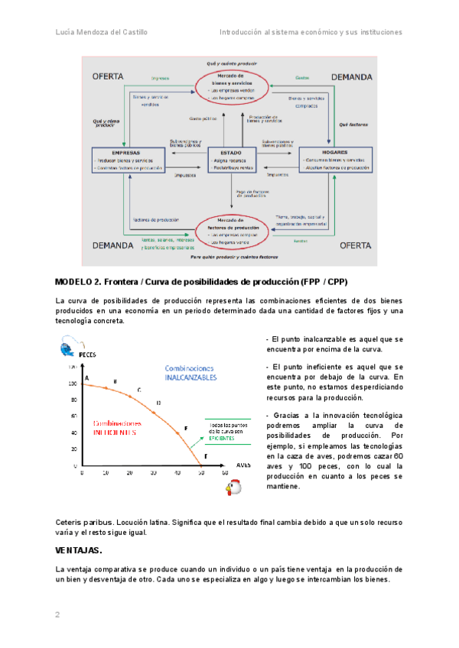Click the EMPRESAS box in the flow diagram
pyautogui.click(x=129, y=160)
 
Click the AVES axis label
pyautogui.click(x=243, y=464)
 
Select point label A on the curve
pyautogui.click(x=87, y=378)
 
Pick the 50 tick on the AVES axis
pyautogui.click(x=201, y=474)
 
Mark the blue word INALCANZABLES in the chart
pyautogui.click(x=191, y=377)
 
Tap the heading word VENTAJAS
pyautogui.click(x=79, y=550)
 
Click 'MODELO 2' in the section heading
pyautogui.click(x=76, y=281)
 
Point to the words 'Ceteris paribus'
pyautogui.click(x=81, y=522)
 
